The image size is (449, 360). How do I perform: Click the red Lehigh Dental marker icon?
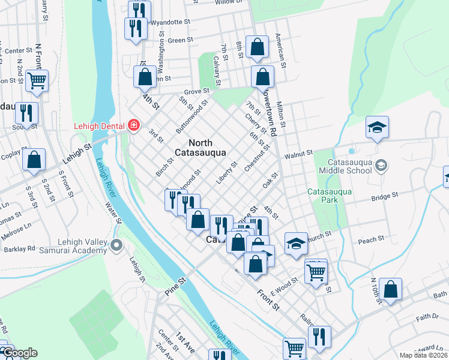[x=134, y=125]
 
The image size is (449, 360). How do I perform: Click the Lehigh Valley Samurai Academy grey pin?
[x=117, y=245]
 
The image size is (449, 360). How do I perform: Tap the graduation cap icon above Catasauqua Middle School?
[x=377, y=127]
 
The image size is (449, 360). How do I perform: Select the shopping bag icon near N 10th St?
[x=390, y=289]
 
